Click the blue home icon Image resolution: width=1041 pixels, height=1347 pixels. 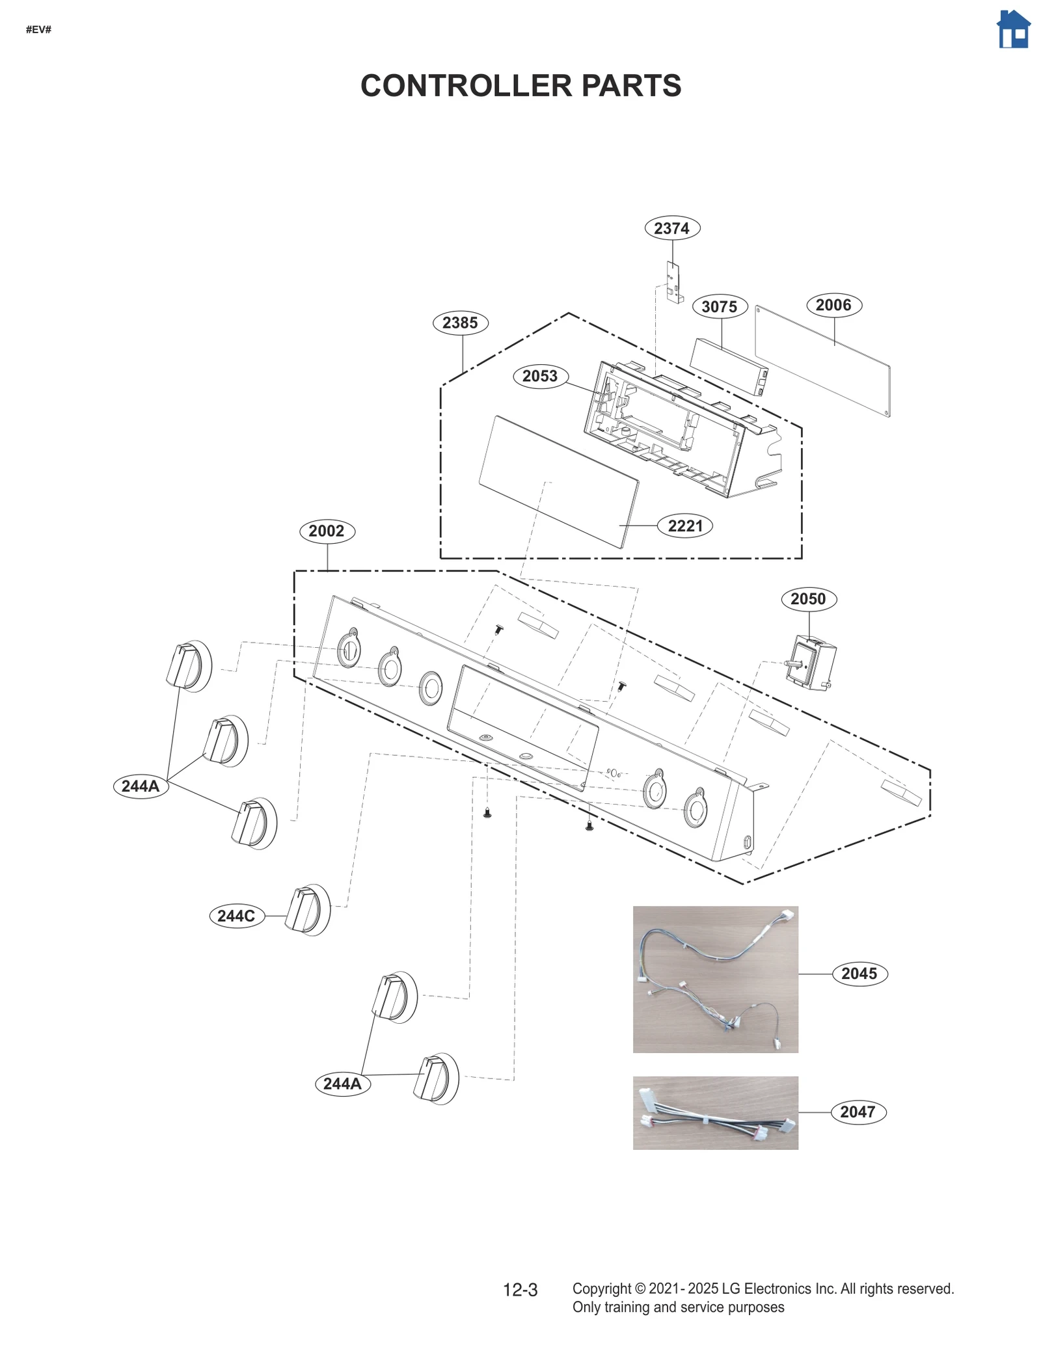pyautogui.click(x=1012, y=30)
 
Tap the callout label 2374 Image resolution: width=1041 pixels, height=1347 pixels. pyautogui.click(x=671, y=228)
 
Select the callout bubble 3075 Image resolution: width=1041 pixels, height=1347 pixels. pyautogui.click(x=719, y=306)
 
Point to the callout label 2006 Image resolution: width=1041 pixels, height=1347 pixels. pyautogui.click(x=833, y=305)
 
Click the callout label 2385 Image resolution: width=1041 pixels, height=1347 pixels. pyautogui.click(x=460, y=323)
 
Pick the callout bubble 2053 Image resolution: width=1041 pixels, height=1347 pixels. pyautogui.click(x=540, y=376)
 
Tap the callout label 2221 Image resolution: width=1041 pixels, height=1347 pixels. pyautogui.click(x=685, y=526)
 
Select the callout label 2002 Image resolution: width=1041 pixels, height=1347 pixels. pyautogui.click(x=327, y=531)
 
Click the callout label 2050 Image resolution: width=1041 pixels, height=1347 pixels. pyautogui.click(x=808, y=599)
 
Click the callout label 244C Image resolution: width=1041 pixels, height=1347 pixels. pyautogui.click(x=236, y=916)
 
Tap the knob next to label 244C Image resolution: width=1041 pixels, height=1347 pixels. pyautogui.click(x=307, y=909)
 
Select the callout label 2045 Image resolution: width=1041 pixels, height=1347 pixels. pyautogui.click(x=859, y=974)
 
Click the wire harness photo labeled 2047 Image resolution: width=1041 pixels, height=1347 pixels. pyautogui.click(x=714, y=1112)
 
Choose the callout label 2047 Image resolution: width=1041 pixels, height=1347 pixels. pyautogui.click(x=858, y=1112)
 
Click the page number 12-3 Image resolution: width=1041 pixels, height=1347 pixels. pyautogui.click(x=520, y=1290)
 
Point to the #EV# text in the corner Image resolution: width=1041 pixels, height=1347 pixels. pyautogui.click(x=38, y=29)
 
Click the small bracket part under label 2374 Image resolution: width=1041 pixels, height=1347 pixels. pyautogui.click(x=673, y=282)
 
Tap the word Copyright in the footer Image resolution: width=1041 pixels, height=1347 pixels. pyautogui.click(x=601, y=1288)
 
